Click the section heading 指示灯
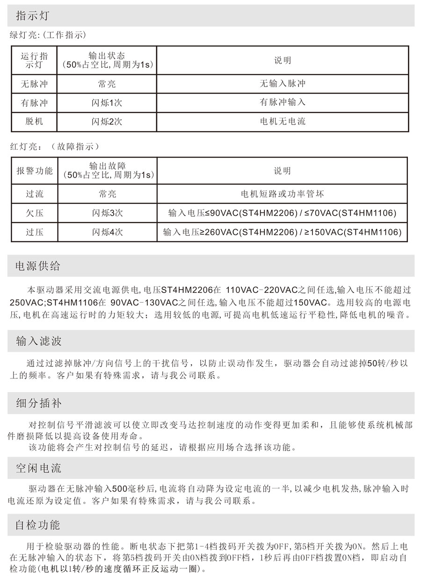[32, 16]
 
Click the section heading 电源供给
[38, 266]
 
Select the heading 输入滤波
[38, 341]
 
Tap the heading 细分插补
[38, 403]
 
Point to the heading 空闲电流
[38, 467]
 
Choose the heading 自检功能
[38, 524]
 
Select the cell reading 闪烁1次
[107, 102]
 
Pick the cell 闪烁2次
[107, 121]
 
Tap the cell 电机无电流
[282, 121]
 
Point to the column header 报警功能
[35, 171]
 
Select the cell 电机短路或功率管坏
[282, 194]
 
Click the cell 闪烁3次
[107, 213]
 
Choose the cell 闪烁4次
[107, 232]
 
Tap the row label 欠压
[35, 213]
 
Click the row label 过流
[35, 194]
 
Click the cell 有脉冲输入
[282, 102]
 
